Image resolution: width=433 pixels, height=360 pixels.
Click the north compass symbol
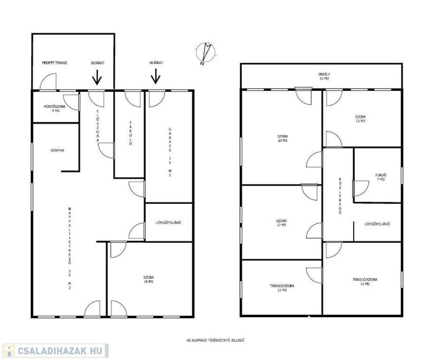pos(205,53)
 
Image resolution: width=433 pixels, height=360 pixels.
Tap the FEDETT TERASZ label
pos(54,63)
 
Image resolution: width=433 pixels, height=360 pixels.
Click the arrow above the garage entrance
pos(156,76)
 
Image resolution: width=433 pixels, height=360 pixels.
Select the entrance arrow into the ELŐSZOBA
pos(97,77)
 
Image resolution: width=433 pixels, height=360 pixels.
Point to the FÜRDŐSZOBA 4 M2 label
pos(55,108)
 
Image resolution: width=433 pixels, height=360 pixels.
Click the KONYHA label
pos(57,150)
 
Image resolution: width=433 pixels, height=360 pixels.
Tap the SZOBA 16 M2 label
pos(149,279)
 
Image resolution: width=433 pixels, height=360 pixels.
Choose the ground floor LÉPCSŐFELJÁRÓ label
pos(168,223)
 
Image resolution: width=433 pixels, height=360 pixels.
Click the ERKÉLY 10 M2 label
pos(324,76)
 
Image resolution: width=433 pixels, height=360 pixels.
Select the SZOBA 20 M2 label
pos(282,138)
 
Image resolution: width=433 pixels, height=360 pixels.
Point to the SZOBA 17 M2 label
pos(281,223)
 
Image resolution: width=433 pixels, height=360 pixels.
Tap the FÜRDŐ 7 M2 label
pos(380,177)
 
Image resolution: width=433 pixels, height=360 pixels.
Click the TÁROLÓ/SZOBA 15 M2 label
pos(365,282)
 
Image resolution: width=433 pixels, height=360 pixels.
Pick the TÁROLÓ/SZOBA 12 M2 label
pos(282,288)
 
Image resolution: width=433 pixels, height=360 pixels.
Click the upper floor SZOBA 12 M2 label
pos(360,119)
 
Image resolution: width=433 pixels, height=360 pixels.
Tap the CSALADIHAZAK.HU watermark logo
pos(55,351)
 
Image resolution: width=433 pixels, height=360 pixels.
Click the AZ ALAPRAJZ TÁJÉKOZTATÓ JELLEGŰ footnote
pos(216,340)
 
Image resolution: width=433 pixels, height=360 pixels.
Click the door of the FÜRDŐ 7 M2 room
pos(360,188)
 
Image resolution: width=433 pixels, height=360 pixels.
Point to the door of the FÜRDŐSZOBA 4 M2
pos(71,102)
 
